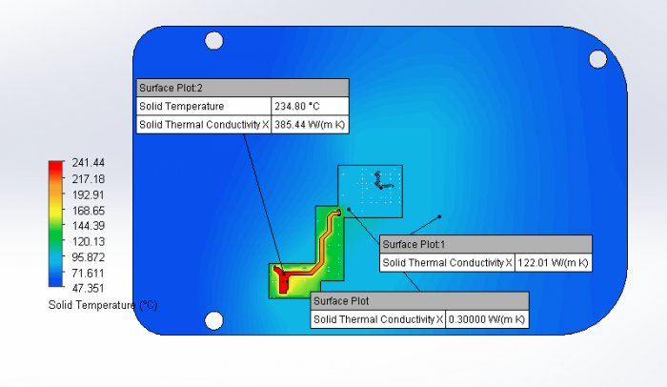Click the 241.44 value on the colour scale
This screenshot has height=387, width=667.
88,163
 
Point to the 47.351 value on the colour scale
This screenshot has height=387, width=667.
88,288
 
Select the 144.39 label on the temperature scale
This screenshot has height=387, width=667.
88,226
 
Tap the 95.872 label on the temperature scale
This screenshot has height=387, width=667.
88,257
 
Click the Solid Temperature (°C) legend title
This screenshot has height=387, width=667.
103,305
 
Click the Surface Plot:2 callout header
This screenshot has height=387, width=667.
242,88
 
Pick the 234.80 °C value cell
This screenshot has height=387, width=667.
310,106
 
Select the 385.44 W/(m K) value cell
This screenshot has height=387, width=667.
310,124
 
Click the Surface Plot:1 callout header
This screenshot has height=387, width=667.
485,244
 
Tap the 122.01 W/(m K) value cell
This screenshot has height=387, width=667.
553,263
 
